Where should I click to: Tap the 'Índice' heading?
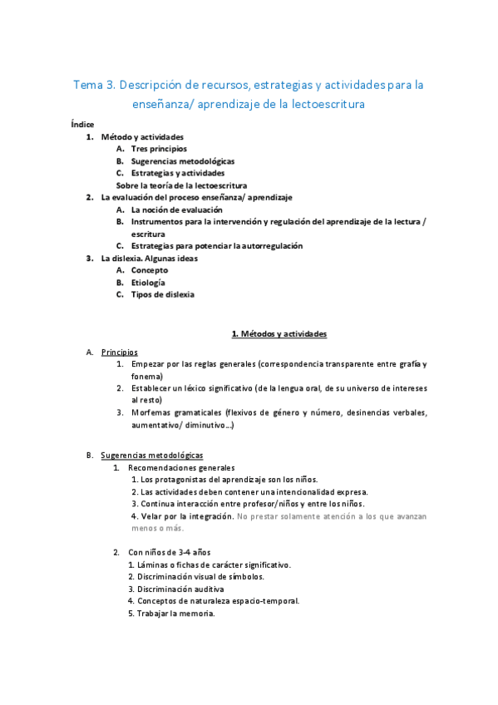pyautogui.click(x=83, y=125)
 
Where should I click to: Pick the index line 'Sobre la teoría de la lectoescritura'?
pyautogui.click(x=187, y=185)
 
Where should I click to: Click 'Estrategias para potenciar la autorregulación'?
pyautogui.click(x=217, y=246)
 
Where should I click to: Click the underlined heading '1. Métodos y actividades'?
pyautogui.click(x=279, y=334)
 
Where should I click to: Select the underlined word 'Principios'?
pyautogui.click(x=120, y=352)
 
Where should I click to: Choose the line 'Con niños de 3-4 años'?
pyautogui.click(x=170, y=553)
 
